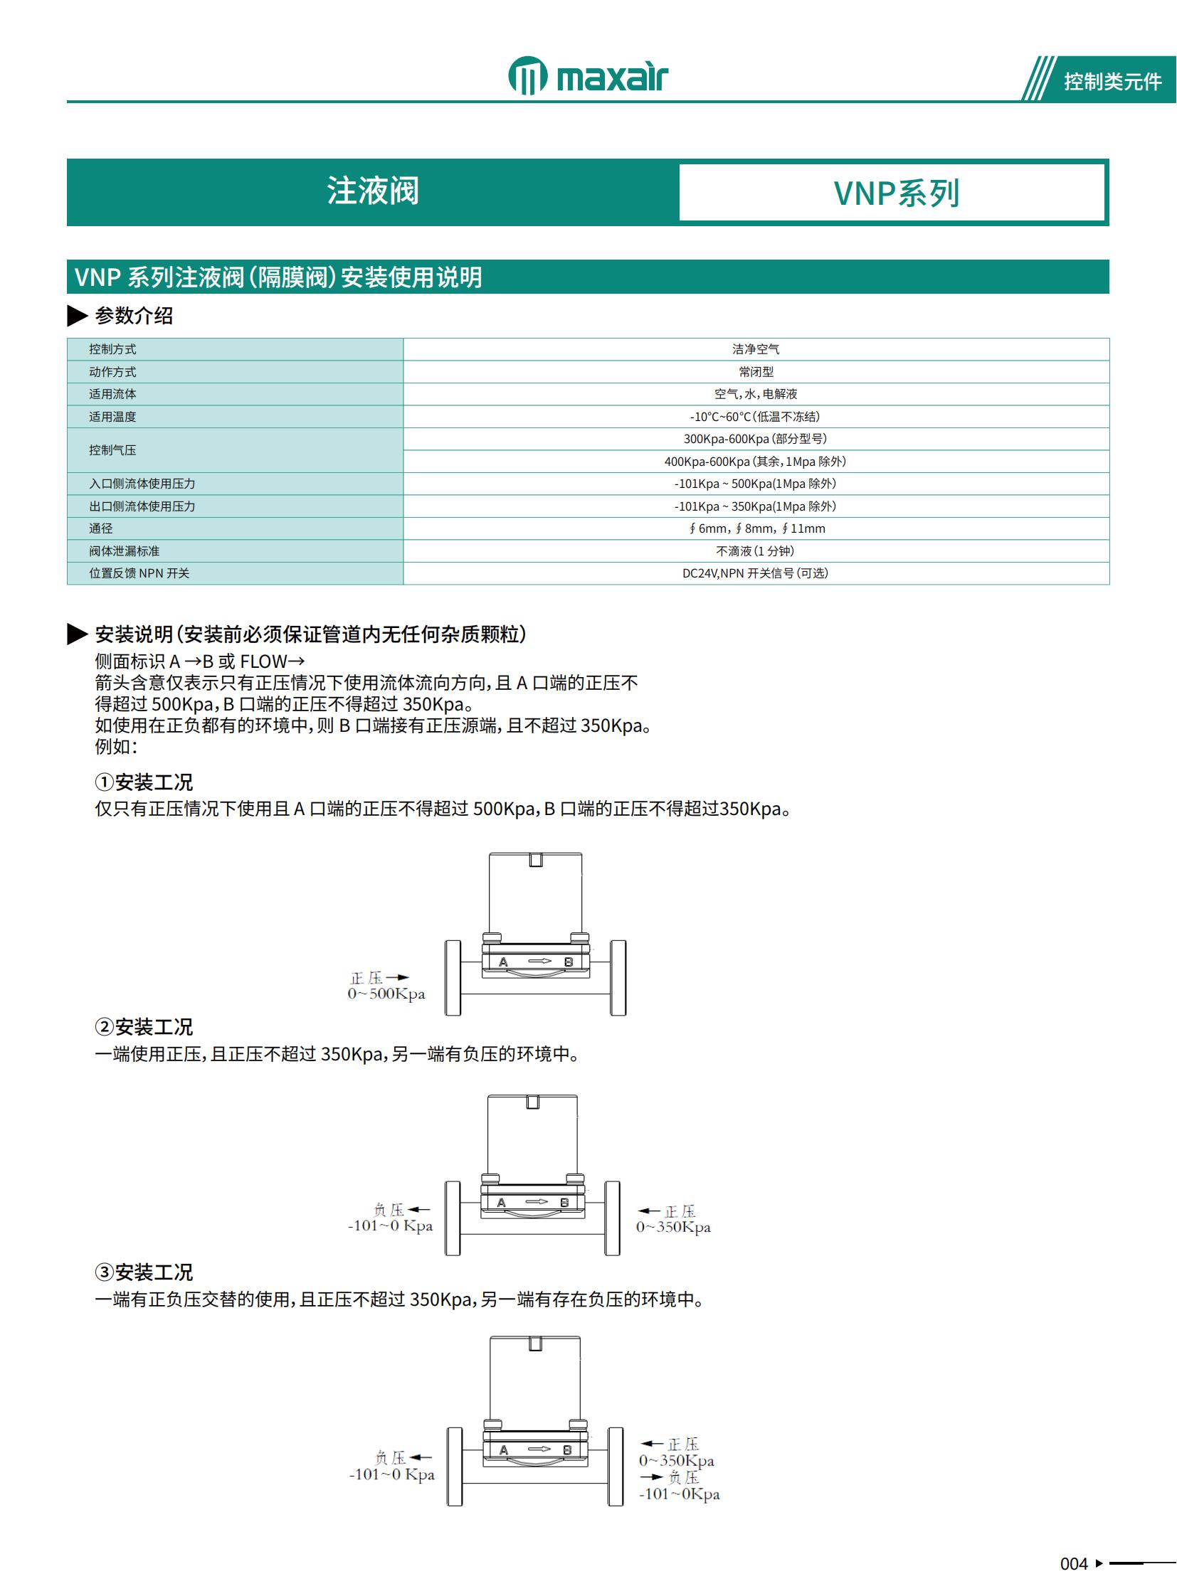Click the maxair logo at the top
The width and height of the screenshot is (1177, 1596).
click(x=588, y=76)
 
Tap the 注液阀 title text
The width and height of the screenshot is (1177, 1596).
click(x=373, y=191)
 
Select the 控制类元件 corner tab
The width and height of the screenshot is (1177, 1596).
click(x=1112, y=81)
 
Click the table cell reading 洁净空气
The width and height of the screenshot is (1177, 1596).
click(x=755, y=349)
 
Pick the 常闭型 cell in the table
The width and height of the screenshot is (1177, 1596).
click(x=755, y=372)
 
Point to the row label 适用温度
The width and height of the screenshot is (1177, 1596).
click(x=112, y=417)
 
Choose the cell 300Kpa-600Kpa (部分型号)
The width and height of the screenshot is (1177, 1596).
click(x=755, y=439)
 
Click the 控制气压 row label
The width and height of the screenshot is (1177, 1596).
click(x=112, y=450)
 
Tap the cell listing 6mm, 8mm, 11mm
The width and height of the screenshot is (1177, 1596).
click(x=756, y=528)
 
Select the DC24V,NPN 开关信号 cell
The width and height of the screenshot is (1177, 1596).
click(x=755, y=573)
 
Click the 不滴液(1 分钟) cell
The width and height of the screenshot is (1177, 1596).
click(x=755, y=551)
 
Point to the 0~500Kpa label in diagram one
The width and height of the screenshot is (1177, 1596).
click(x=386, y=994)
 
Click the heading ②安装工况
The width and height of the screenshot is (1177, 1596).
click(x=144, y=1027)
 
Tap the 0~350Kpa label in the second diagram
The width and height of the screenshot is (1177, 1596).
click(x=673, y=1227)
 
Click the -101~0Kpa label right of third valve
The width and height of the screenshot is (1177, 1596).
click(x=679, y=1494)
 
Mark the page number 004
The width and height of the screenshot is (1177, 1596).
click(x=1073, y=1565)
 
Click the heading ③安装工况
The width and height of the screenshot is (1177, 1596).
click(x=144, y=1272)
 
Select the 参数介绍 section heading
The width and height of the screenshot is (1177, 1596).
click(x=134, y=316)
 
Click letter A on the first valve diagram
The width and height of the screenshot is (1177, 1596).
click(x=503, y=962)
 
